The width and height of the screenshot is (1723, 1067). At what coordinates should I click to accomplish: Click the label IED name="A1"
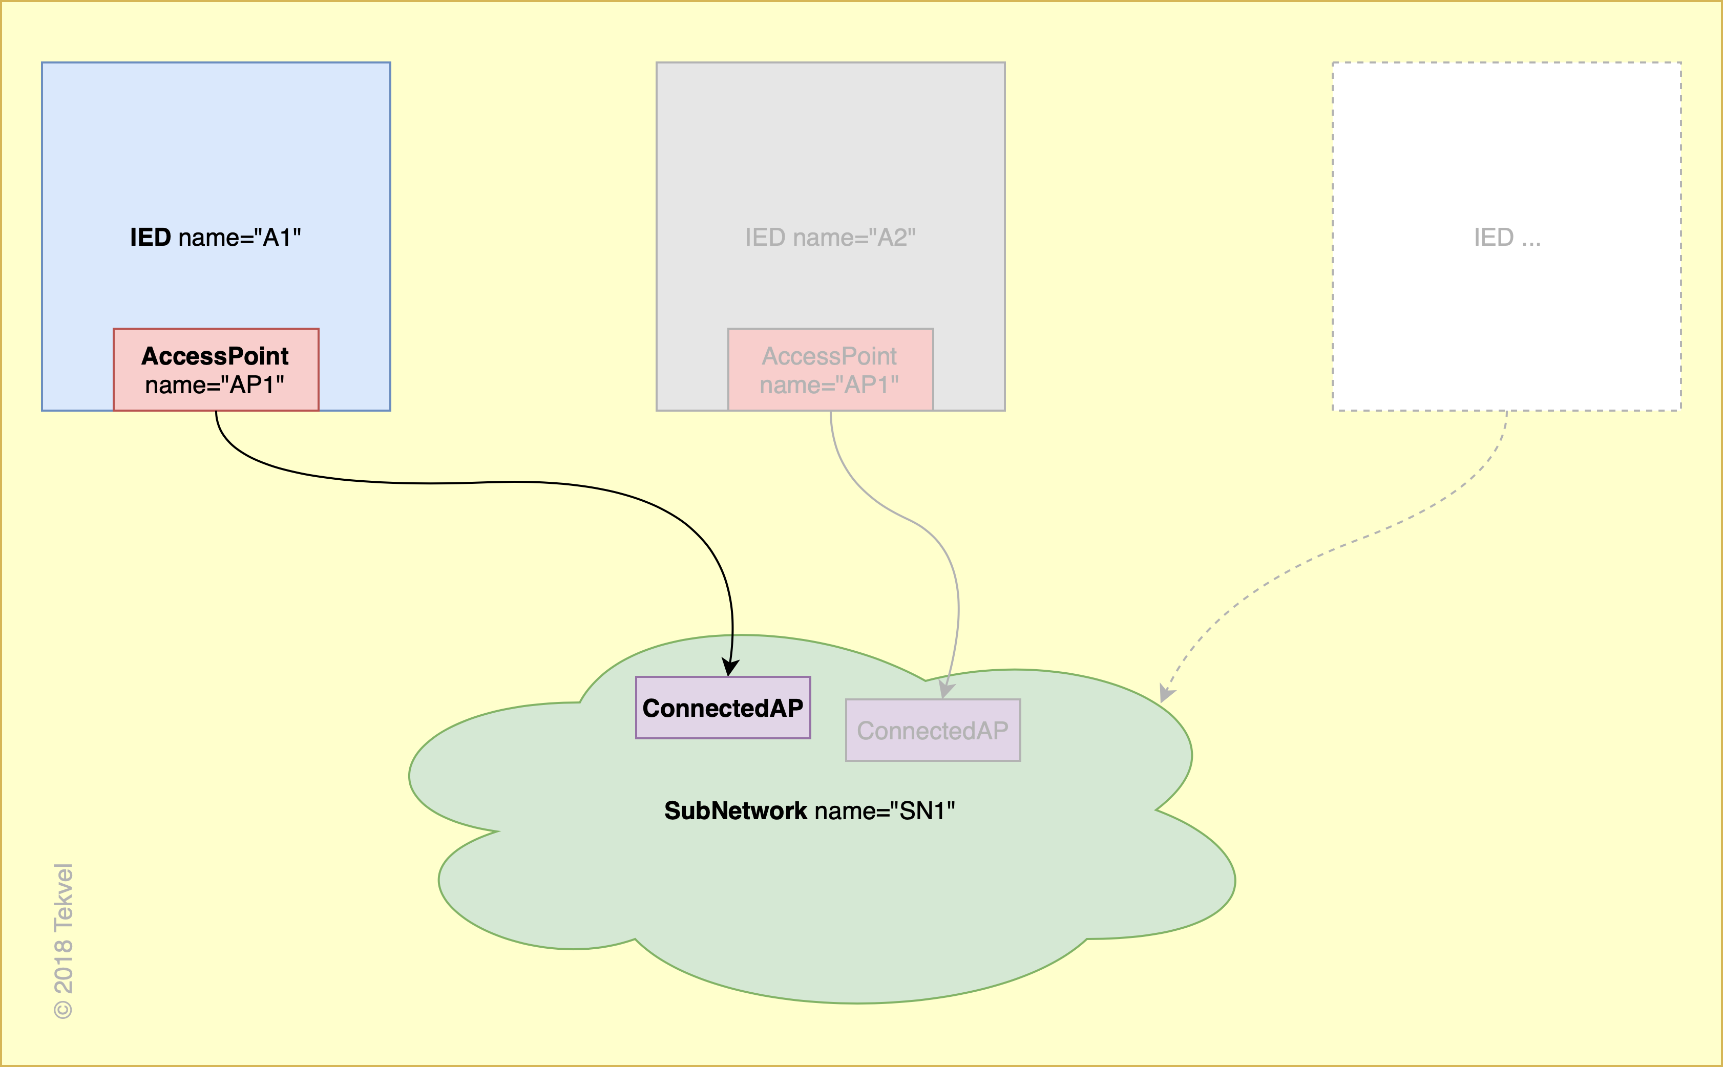point(215,238)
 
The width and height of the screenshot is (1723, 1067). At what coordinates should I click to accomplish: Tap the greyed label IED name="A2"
point(830,238)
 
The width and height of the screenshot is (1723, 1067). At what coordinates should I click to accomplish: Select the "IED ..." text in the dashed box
point(1507,238)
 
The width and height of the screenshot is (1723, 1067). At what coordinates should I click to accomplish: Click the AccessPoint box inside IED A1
point(216,369)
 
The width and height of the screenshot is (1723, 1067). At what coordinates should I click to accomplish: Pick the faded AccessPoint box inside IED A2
point(830,369)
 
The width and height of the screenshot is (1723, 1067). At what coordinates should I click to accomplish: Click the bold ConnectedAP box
point(723,708)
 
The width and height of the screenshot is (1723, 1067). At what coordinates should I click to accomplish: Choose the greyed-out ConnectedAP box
point(933,731)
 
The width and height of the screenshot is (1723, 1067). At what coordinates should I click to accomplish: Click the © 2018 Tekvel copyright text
point(64,941)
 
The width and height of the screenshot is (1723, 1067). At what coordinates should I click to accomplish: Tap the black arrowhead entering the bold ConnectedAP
point(730,667)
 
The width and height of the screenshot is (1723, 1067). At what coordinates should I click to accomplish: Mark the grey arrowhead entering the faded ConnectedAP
point(946,690)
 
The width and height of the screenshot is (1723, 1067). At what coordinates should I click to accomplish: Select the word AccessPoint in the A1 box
point(215,356)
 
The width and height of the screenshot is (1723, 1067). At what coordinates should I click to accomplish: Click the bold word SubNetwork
point(736,811)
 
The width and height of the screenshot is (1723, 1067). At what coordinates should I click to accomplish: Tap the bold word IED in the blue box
point(151,238)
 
